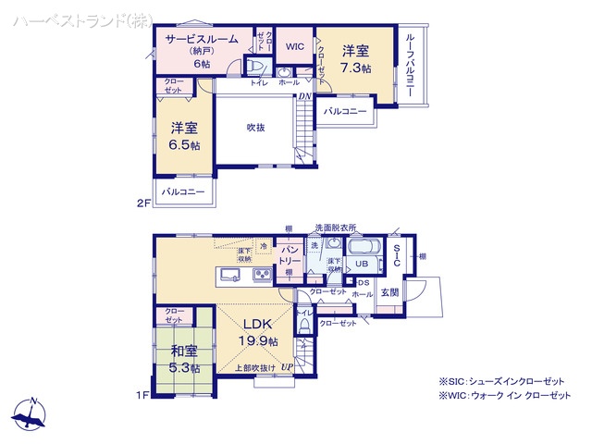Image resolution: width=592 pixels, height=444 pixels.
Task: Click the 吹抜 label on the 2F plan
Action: tap(256, 128)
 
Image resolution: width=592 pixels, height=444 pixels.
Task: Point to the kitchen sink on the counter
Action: tap(231, 275)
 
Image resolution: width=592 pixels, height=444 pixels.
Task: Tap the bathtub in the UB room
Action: tap(363, 249)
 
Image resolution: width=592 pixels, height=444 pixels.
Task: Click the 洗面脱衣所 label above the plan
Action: tap(335, 228)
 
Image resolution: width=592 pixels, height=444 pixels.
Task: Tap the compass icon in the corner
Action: tap(31, 413)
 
